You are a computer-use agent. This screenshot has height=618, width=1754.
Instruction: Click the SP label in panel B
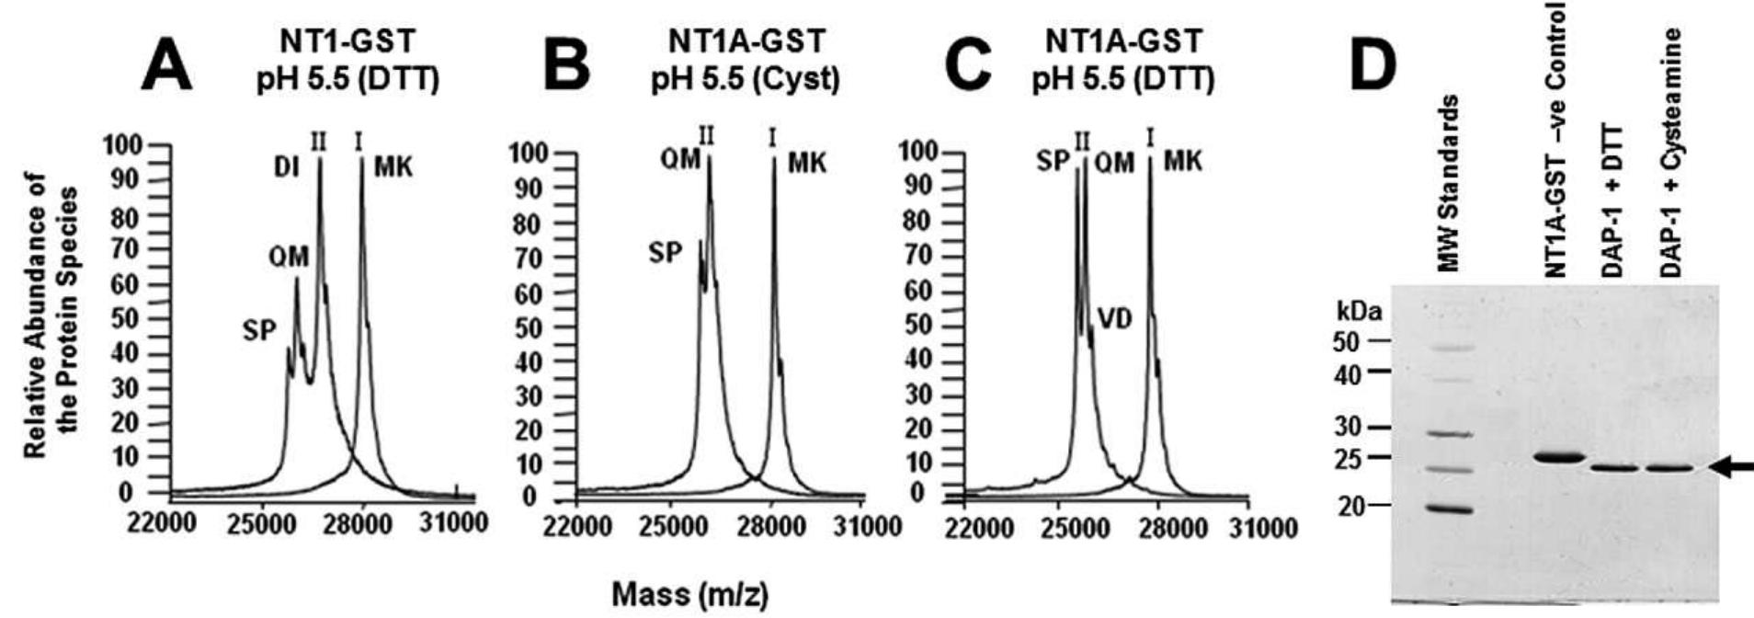(x=666, y=253)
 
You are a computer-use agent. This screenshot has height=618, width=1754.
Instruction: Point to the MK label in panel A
(x=393, y=168)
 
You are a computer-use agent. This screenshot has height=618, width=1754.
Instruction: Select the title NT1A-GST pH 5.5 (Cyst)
(x=745, y=61)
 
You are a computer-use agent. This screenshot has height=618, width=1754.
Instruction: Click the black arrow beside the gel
(x=1729, y=467)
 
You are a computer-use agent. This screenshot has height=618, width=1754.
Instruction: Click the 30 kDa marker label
(x=1349, y=428)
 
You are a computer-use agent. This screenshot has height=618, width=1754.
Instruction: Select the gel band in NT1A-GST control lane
(x=1563, y=457)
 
